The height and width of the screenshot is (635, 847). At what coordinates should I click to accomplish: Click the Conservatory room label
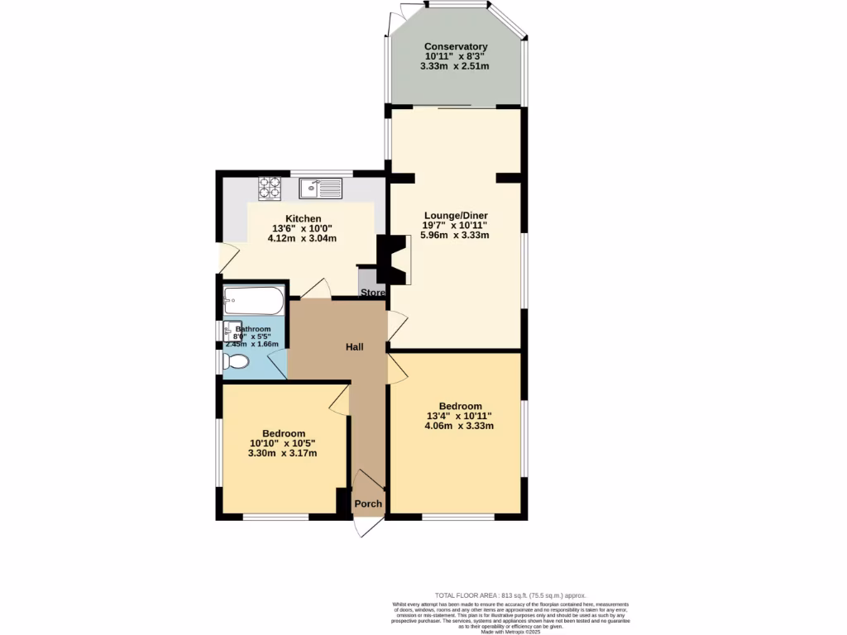pyautogui.click(x=456, y=46)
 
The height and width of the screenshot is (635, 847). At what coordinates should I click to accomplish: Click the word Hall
pyautogui.click(x=354, y=347)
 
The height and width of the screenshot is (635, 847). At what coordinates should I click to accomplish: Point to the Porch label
pyautogui.click(x=368, y=504)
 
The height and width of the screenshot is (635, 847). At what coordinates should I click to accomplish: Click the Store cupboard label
pyautogui.click(x=372, y=293)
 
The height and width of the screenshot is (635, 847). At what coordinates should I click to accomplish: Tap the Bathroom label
pyautogui.click(x=252, y=328)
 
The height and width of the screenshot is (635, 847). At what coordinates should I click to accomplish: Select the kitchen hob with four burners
pyautogui.click(x=270, y=189)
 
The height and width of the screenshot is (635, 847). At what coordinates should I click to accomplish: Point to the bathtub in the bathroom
pyautogui.click(x=253, y=301)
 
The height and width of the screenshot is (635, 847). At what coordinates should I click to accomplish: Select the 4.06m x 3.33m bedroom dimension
pyautogui.click(x=459, y=427)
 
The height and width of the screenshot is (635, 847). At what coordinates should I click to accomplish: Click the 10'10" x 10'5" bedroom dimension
pyautogui.click(x=284, y=443)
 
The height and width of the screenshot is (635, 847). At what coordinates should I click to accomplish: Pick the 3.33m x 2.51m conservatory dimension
pyautogui.click(x=456, y=66)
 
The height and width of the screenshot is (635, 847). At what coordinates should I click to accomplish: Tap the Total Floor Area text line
pyautogui.click(x=510, y=595)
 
